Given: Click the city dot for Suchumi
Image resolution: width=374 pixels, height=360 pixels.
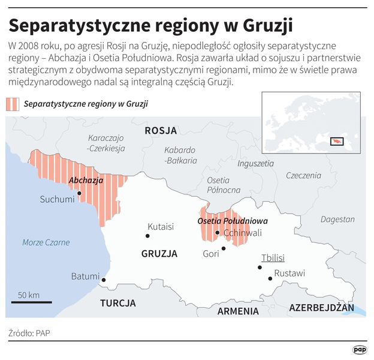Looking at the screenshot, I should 79,193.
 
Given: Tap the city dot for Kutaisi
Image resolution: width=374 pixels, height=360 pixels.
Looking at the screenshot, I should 147,236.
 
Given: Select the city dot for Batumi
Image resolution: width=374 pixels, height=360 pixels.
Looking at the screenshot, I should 104,280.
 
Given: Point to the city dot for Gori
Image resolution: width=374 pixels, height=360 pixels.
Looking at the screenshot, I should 224,248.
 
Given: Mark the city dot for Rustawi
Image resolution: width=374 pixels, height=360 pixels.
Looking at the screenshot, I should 270,278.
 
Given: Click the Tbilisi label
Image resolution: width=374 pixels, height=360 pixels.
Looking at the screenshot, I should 273,258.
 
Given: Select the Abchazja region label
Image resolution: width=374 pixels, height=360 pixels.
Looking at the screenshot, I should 86,180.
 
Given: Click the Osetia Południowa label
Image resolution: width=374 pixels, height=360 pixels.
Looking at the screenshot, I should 233,221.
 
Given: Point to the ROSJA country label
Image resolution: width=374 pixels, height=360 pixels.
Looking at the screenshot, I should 161,130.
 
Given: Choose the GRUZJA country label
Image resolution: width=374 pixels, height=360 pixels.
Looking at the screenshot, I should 159,254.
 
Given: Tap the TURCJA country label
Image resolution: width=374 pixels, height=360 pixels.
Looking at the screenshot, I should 118,302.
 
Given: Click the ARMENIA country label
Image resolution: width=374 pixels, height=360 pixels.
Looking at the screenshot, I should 238,311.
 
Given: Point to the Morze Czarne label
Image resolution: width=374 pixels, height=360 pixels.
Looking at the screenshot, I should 46,242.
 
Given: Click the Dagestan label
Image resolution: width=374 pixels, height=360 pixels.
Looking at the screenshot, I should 337,220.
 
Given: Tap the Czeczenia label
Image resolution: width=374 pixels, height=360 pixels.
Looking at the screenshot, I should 303,175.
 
